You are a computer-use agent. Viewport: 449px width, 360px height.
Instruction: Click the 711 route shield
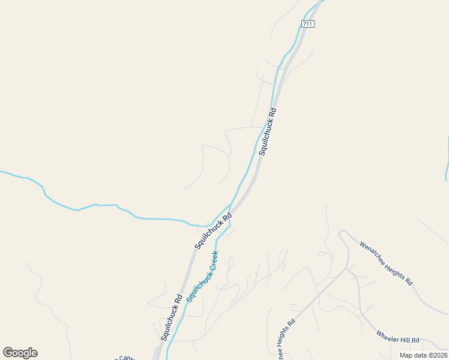click(x=307, y=24)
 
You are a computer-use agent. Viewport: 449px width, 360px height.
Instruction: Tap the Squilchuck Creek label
click(x=202, y=276)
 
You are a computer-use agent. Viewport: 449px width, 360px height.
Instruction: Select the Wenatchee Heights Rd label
click(x=386, y=263)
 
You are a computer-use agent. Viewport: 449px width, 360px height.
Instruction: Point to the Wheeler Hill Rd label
click(x=397, y=337)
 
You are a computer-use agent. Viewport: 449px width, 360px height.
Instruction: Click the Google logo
click(x=20, y=353)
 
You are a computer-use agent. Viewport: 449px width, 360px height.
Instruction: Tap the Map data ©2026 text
click(x=423, y=355)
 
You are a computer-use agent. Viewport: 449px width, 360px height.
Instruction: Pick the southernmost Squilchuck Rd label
click(x=171, y=318)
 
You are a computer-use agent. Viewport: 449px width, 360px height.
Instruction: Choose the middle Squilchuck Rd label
click(x=212, y=231)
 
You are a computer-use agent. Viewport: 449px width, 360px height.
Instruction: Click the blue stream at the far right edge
click(x=447, y=159)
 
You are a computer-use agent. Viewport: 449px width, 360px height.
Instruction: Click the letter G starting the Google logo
click(x=8, y=353)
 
